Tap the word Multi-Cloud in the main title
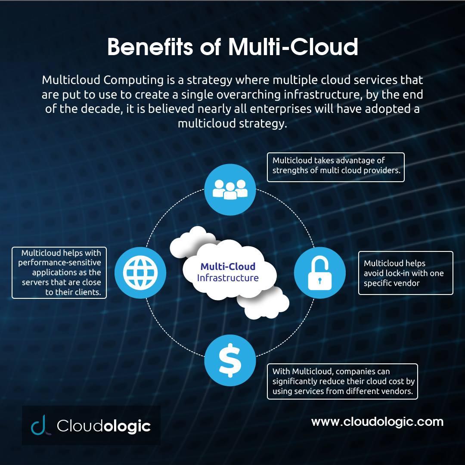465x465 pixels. click(293, 47)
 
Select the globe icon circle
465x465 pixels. click(140, 273)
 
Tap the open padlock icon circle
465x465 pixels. click(319, 273)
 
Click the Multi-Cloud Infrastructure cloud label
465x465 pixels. click(228, 272)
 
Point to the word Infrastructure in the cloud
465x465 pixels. click(228, 278)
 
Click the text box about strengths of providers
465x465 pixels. click(335, 167)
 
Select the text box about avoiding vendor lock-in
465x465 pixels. click(406, 273)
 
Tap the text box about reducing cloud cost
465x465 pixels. click(342, 381)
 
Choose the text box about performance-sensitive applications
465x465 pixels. click(59, 273)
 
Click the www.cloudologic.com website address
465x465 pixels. click(377, 422)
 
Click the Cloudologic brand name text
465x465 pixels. click(104, 426)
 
